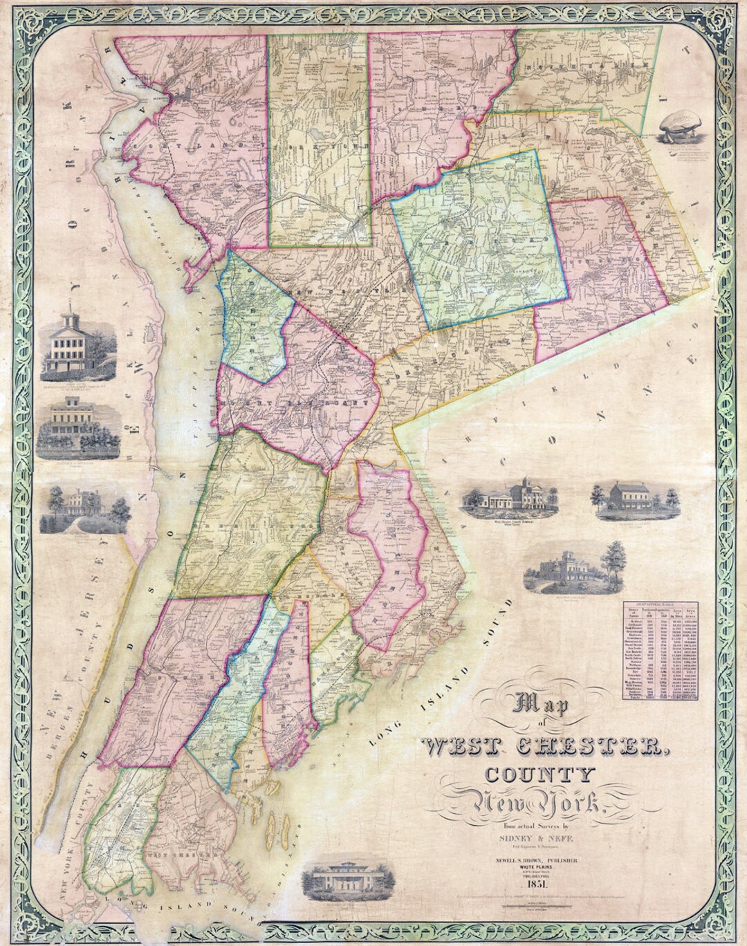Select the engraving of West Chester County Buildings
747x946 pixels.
[513, 497]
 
